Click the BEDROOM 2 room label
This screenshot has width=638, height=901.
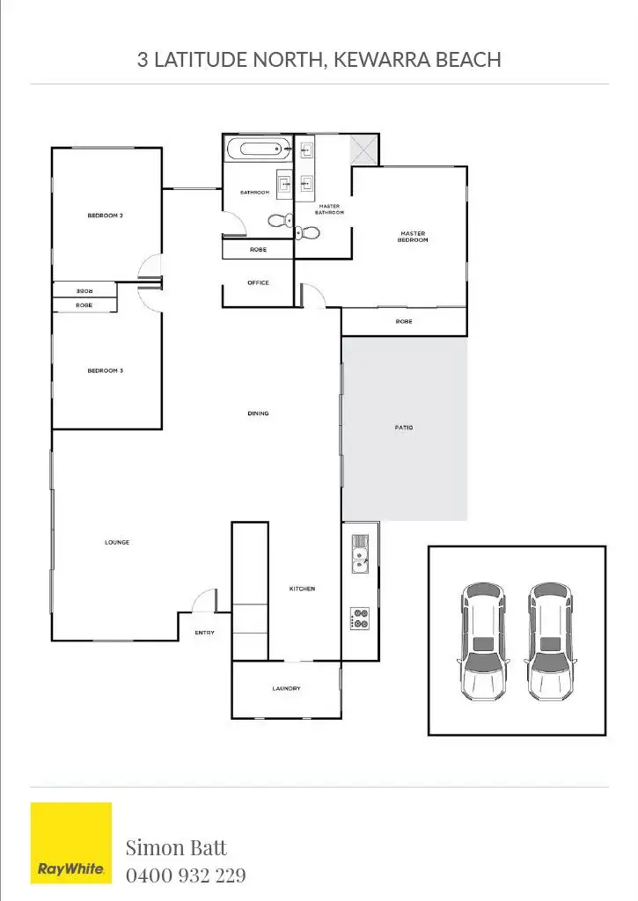105,216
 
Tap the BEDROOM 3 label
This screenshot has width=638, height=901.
105,371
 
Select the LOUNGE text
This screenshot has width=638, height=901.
117,543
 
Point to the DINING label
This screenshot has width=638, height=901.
258,414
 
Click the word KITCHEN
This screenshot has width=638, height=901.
302,589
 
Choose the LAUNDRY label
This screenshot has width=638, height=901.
286,689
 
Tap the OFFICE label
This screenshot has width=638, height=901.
258,283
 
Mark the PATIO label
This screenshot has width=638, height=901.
404,429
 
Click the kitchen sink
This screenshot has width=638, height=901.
360,553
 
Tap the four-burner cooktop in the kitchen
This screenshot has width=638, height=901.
360,618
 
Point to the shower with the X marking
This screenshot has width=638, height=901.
363,150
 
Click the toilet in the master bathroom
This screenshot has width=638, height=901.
300,232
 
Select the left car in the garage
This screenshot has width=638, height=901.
482,640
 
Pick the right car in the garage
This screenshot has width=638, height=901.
552,640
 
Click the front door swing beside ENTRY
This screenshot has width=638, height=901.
205,601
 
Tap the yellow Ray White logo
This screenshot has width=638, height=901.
71,842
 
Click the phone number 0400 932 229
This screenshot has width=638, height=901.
186,875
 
